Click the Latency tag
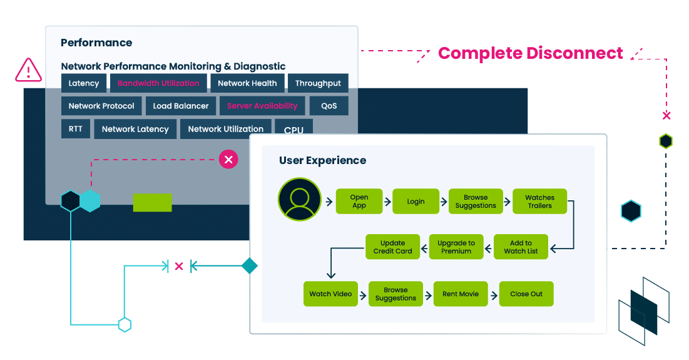tap(84, 83)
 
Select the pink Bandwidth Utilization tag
tap(158, 83)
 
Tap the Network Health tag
tap(247, 83)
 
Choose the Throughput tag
tap(318, 83)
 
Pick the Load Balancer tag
tap(181, 106)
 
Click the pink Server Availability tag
tap(262, 106)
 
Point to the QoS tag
tap(329, 106)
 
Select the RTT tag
tap(75, 129)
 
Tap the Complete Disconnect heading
tap(530, 53)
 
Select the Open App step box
tap(359, 201)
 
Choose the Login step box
tap(416, 202)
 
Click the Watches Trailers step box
tap(539, 202)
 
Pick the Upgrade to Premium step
tap(456, 247)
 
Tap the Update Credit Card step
tap(393, 247)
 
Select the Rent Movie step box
tap(460, 294)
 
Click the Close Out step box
tap(526, 294)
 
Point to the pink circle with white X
tap(228, 160)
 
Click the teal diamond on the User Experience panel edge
tap(250, 266)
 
